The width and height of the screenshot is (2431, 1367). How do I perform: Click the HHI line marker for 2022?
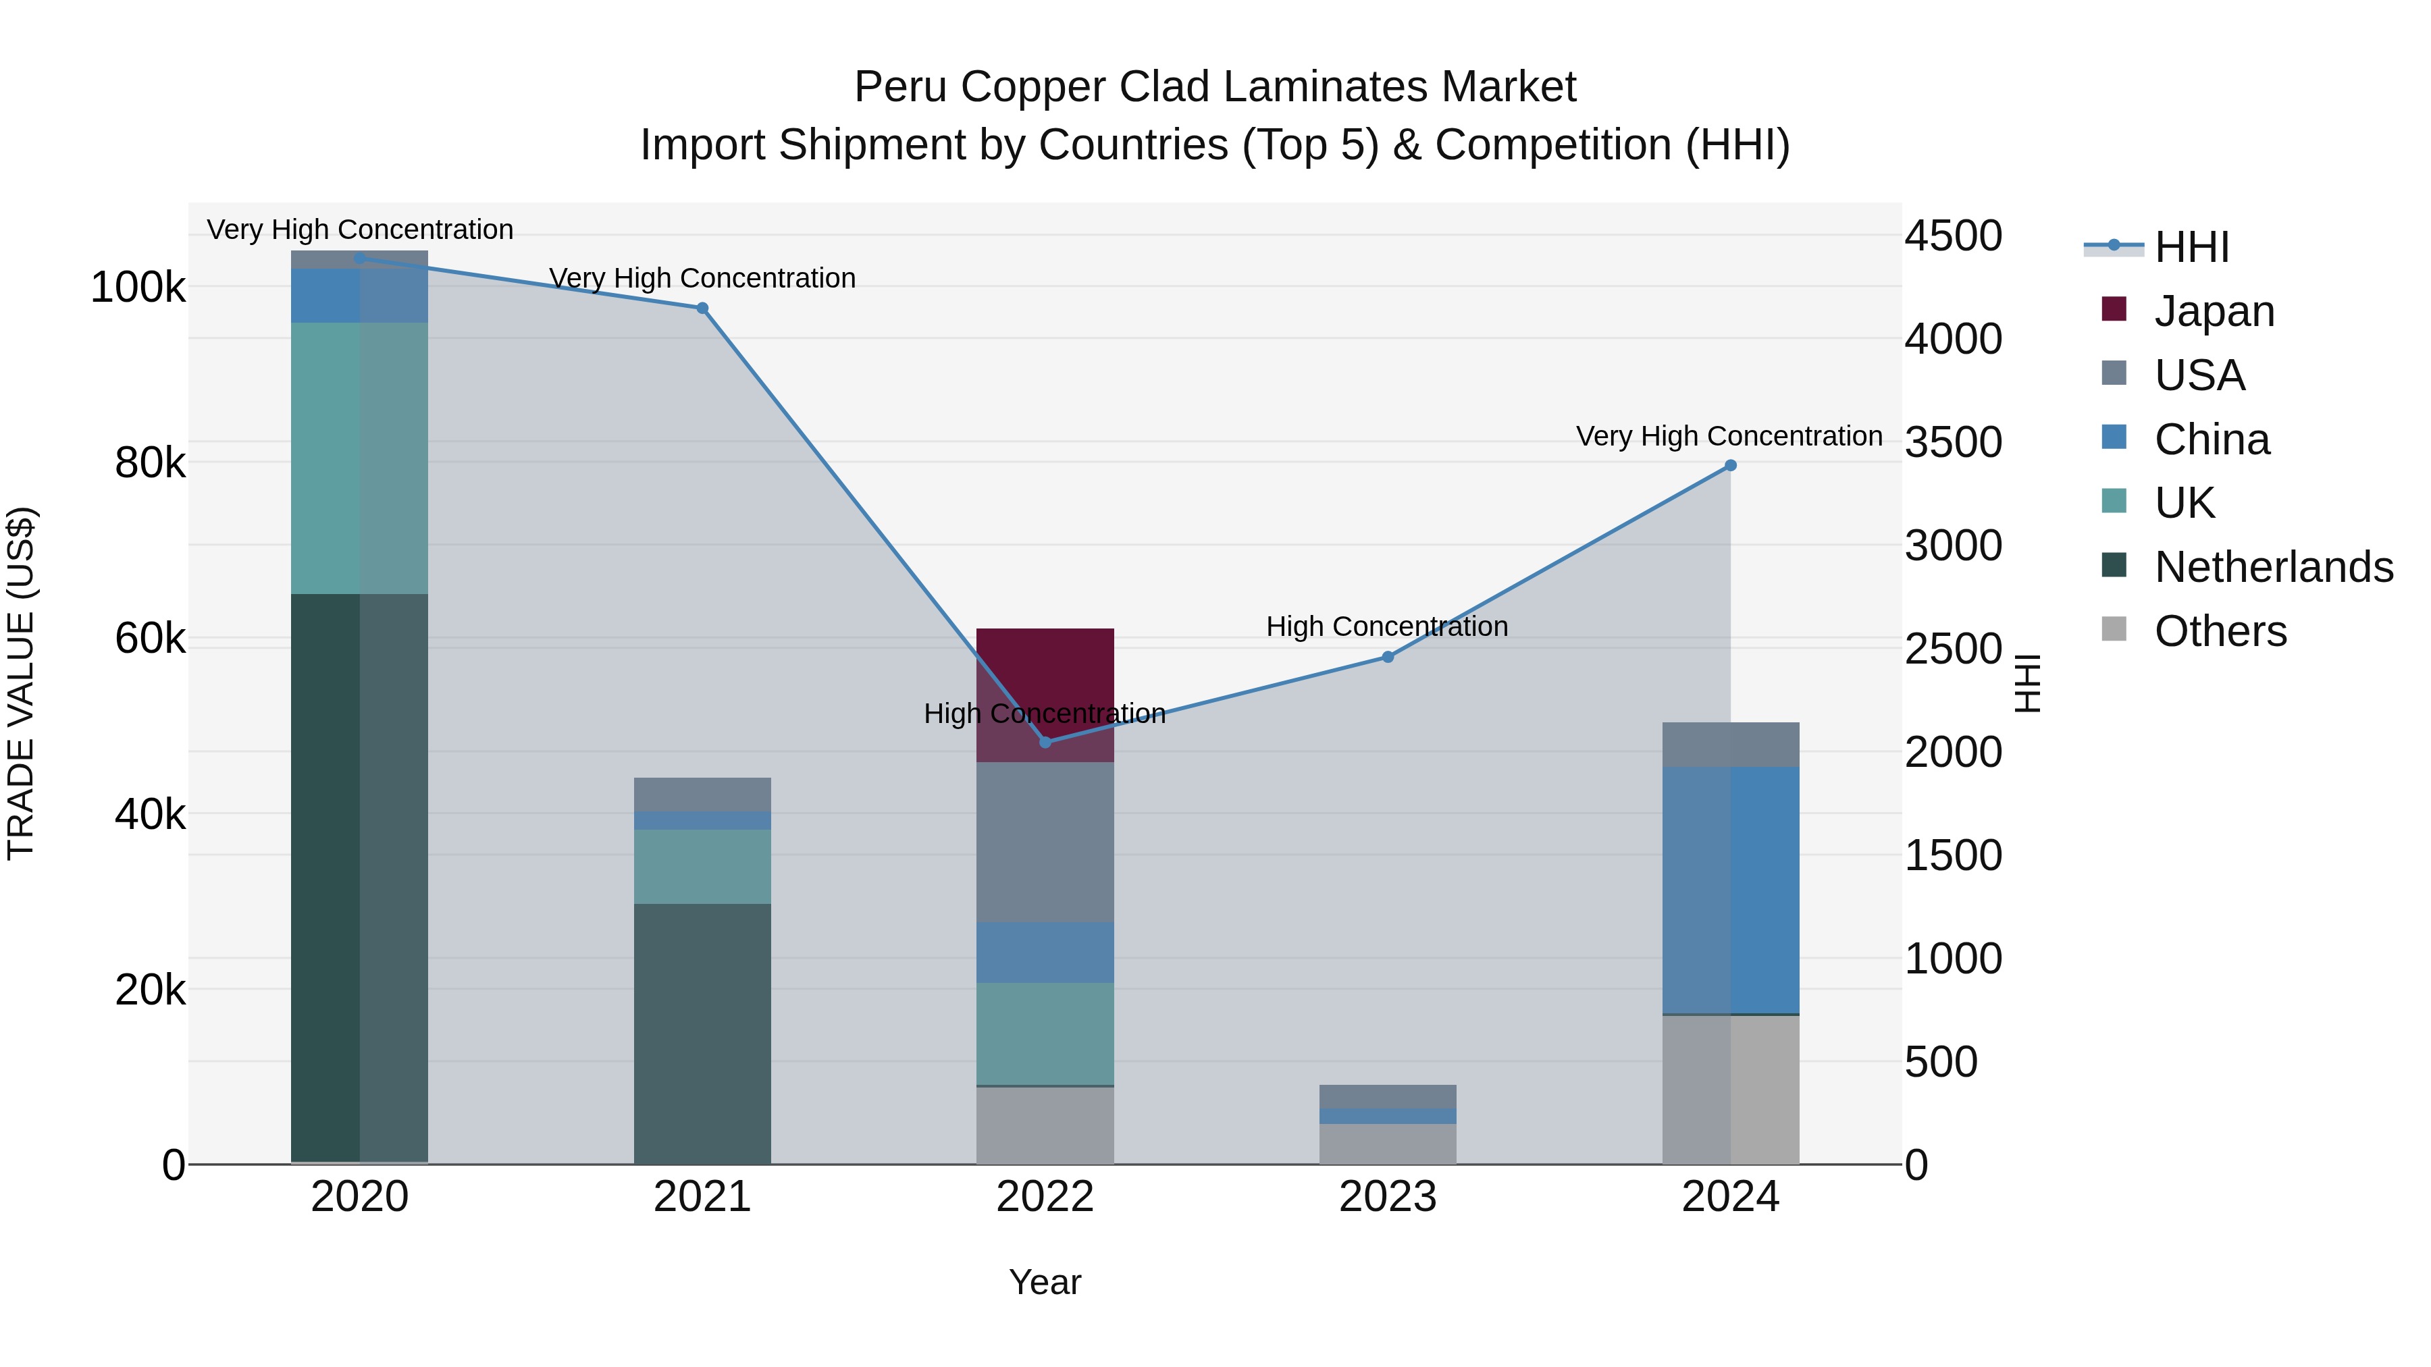click(1045, 743)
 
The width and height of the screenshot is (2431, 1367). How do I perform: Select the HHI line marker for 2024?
click(1730, 465)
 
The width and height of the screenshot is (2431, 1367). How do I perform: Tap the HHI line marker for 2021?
click(702, 309)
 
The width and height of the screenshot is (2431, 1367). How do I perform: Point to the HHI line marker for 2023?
click(1387, 657)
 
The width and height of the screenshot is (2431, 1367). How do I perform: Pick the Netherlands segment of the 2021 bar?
click(702, 1033)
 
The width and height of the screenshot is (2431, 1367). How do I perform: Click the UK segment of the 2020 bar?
click(359, 458)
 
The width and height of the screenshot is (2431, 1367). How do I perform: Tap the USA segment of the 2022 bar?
click(1045, 842)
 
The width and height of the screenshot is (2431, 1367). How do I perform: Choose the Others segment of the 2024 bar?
click(1730, 1090)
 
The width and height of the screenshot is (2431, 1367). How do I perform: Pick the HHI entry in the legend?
click(2191, 247)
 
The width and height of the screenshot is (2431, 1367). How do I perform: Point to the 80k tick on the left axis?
click(149, 462)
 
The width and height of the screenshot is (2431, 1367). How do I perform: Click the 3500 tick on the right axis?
click(1952, 442)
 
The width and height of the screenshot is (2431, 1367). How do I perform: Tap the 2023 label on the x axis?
click(1387, 1197)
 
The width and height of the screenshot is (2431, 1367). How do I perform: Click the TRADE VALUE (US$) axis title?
click(21, 683)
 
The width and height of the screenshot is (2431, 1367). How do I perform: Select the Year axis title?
click(1045, 1282)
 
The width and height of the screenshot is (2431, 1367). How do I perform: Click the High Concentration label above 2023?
click(1386, 626)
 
